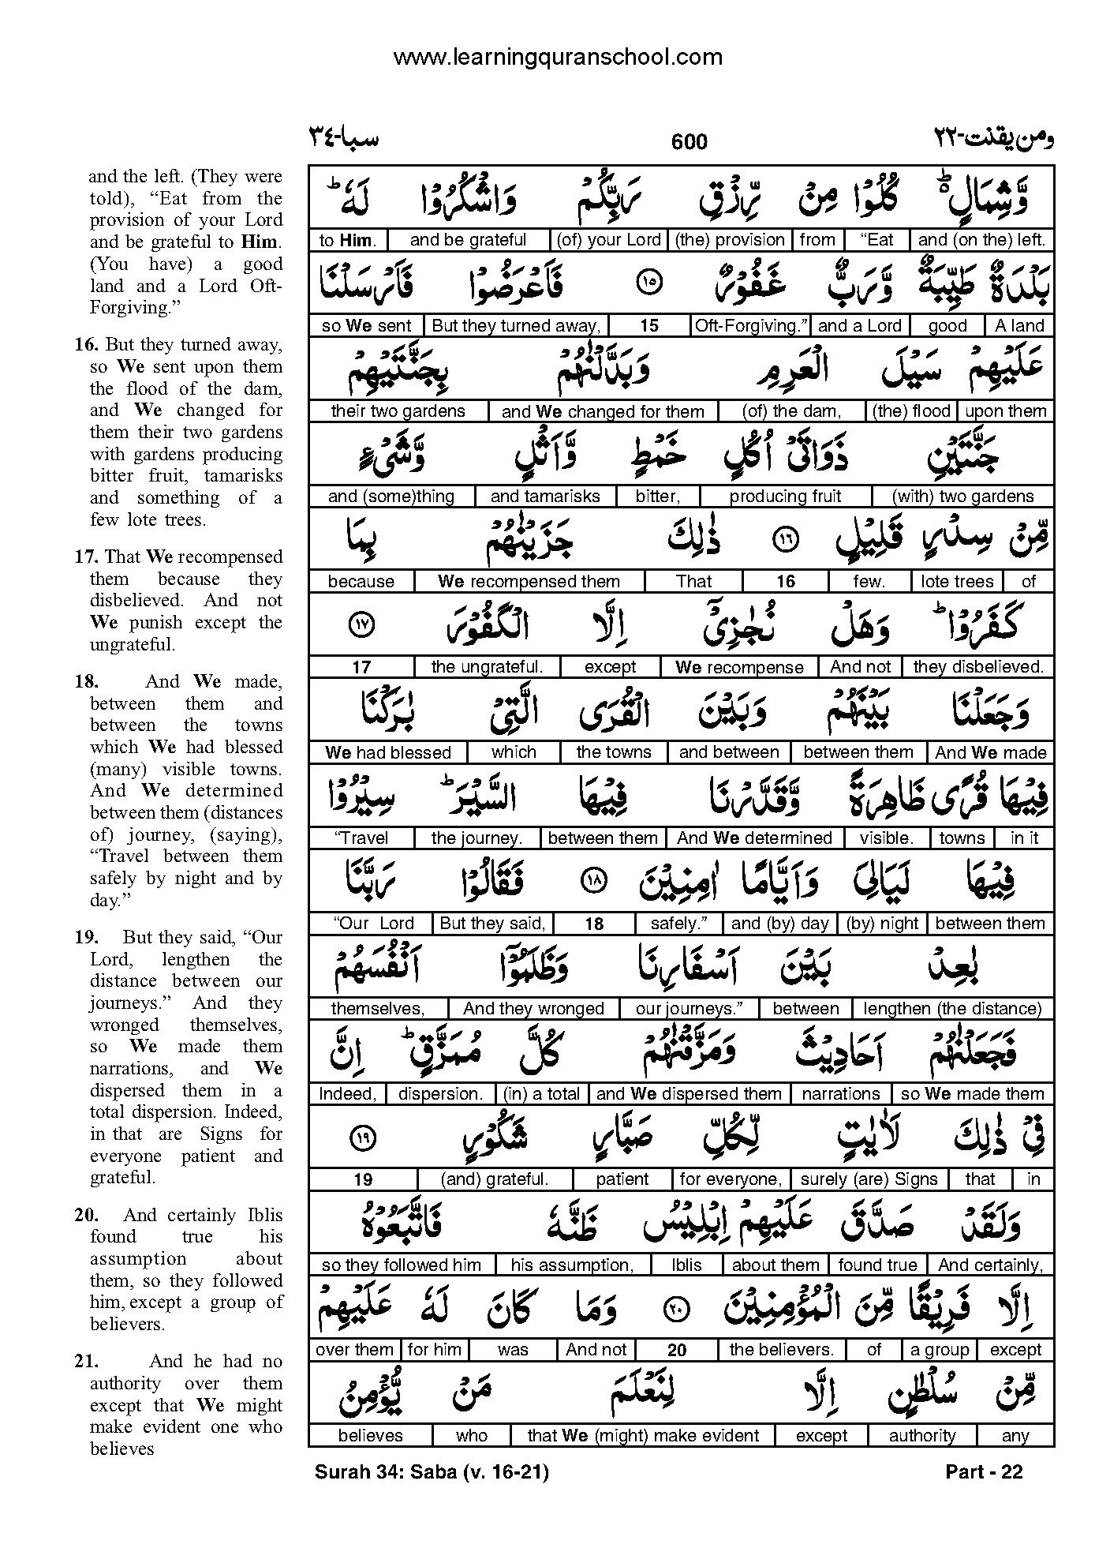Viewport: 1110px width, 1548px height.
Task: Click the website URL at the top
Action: [557, 57]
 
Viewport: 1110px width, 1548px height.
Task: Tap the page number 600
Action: [689, 142]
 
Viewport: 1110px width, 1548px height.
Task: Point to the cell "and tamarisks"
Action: [545, 497]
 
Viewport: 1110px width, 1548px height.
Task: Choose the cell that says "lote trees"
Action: [956, 582]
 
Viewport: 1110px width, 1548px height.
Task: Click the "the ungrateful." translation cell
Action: [487, 667]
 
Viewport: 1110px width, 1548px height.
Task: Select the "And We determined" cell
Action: [754, 838]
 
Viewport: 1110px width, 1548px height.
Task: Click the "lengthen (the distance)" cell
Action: [952, 1008]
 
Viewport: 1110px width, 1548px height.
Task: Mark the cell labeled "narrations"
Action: [840, 1094]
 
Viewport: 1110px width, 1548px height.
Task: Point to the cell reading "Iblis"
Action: [686, 1265]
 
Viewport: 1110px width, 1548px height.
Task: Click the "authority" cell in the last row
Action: [921, 1436]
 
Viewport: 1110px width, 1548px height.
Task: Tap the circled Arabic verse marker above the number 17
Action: [361, 626]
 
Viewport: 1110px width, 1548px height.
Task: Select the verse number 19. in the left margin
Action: [87, 937]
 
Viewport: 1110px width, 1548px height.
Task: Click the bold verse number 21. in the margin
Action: [87, 1361]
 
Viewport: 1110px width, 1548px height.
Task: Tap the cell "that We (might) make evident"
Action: [642, 1436]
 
